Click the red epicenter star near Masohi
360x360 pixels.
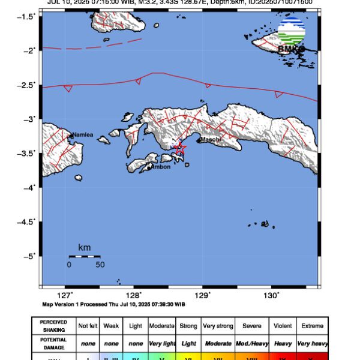[x=179, y=148]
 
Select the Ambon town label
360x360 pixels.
[x=160, y=167]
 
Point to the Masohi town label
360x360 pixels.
[x=211, y=140]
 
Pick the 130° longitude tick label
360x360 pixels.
[x=271, y=295]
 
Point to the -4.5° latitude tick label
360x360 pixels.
[x=27, y=222]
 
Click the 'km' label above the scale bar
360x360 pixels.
[x=84, y=247]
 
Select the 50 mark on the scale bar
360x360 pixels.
[x=100, y=264]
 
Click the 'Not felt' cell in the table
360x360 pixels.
[x=89, y=326]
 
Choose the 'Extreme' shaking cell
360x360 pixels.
[x=312, y=326]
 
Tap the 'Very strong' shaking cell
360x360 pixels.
[x=217, y=326]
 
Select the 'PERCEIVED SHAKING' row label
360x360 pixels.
[x=53, y=326]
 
